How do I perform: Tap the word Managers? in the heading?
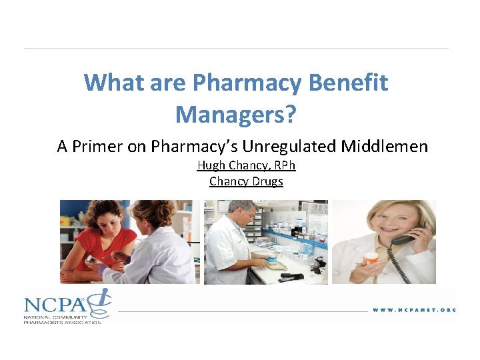pyautogui.click(x=236, y=114)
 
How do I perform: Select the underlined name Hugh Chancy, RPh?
pyautogui.click(x=246, y=165)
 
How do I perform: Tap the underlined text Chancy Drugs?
pyautogui.click(x=246, y=181)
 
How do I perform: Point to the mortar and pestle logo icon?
pyautogui.click(x=102, y=301)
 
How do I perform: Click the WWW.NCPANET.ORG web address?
pyautogui.click(x=413, y=310)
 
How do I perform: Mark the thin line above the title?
pyautogui.click(x=236, y=48)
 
